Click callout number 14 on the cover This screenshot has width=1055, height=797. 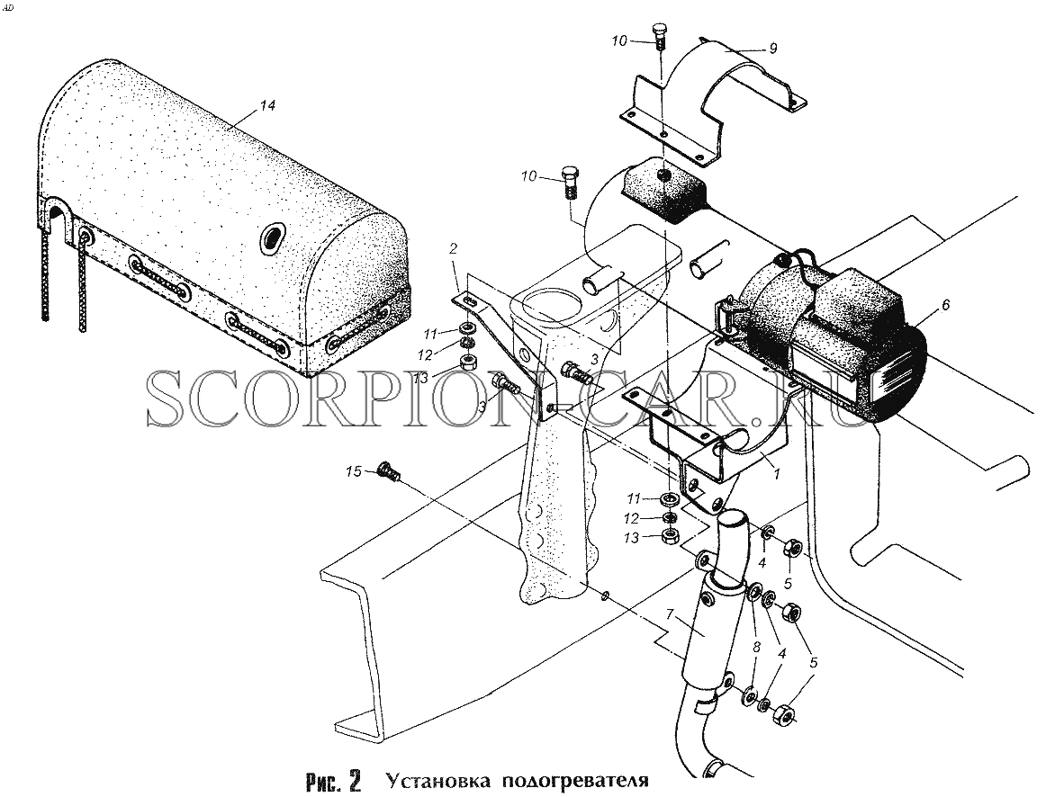point(267,106)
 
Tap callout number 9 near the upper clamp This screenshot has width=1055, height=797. point(773,49)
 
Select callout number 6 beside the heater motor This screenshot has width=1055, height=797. point(945,305)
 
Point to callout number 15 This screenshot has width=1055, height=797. point(354,471)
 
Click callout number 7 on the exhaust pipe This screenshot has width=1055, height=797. point(669,613)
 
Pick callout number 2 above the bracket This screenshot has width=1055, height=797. point(453,249)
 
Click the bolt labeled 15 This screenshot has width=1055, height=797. point(389,471)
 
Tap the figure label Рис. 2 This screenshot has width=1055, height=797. point(333,781)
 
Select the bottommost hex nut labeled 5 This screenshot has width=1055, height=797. point(782,711)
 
